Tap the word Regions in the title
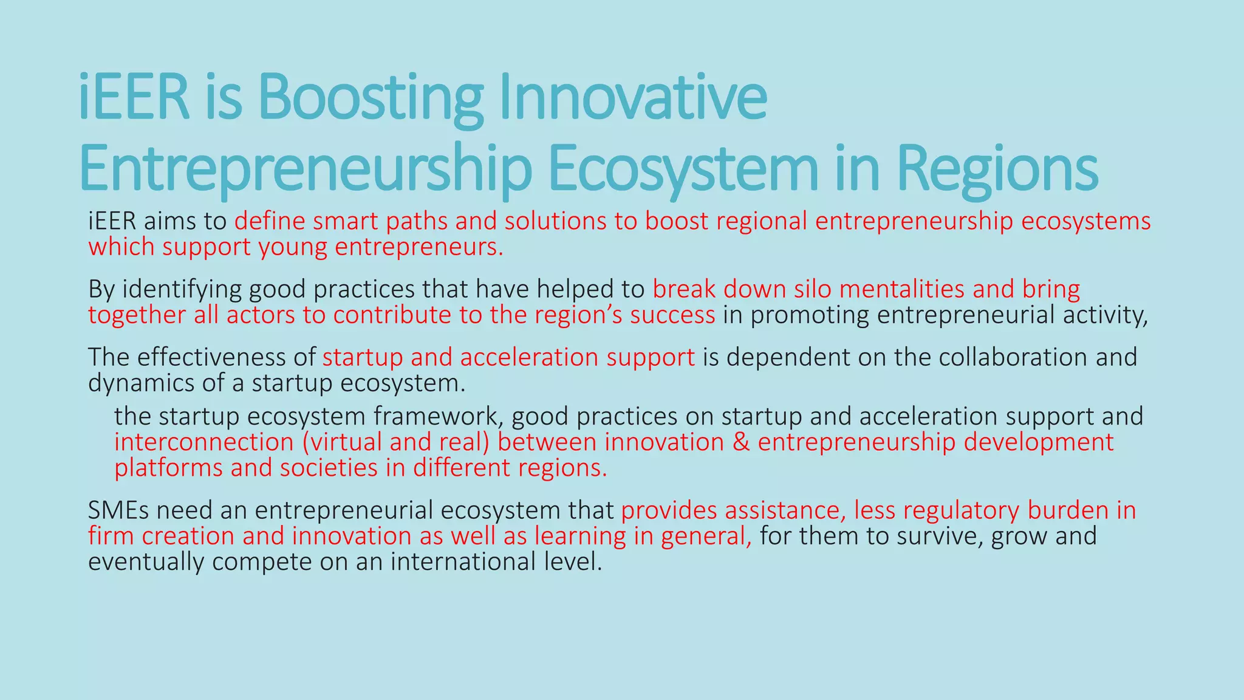click(x=997, y=168)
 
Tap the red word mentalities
click(x=901, y=289)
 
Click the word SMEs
click(x=118, y=510)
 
